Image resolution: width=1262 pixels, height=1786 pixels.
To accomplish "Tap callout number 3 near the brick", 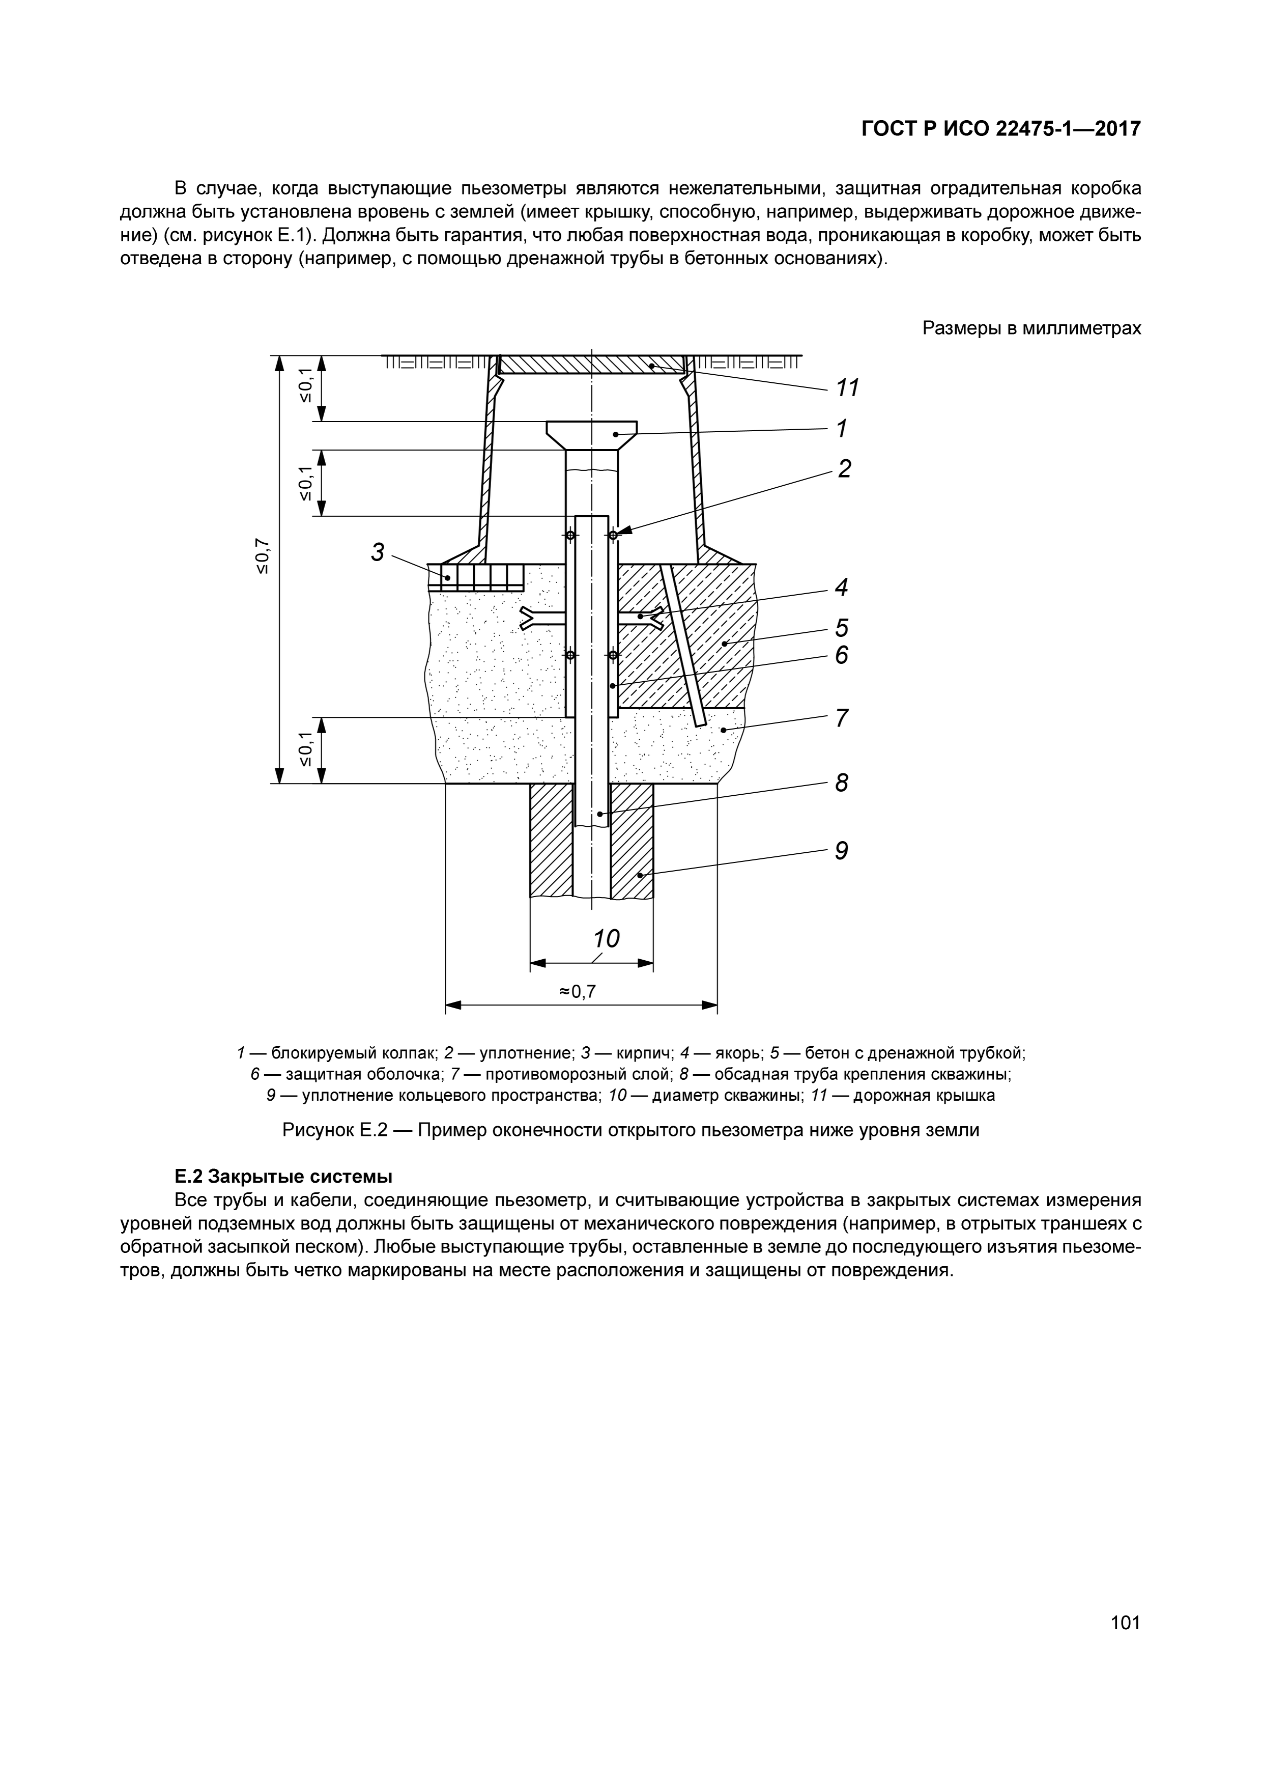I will point(378,552).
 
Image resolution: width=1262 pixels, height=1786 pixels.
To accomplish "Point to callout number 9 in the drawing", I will point(841,851).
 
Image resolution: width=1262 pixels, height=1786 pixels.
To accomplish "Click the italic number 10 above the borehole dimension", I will point(607,939).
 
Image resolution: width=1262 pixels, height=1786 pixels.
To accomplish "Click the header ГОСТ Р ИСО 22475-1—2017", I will point(1001,128).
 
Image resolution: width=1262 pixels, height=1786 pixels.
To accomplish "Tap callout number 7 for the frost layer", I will point(841,718).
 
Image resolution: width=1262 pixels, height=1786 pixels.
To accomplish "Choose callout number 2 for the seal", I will point(844,468).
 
